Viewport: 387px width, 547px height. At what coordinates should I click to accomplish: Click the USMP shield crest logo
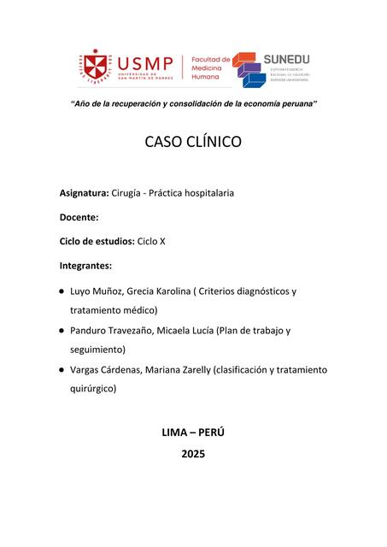[97, 67]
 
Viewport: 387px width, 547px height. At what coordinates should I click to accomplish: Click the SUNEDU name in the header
[286, 59]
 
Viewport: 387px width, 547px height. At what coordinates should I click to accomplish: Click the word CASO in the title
[167, 142]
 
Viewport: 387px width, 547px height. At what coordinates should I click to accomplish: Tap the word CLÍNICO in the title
[214, 142]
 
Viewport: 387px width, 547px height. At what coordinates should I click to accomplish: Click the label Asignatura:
[84, 193]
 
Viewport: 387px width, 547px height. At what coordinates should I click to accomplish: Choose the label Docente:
[79, 217]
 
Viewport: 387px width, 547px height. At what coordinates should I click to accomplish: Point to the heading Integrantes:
[85, 265]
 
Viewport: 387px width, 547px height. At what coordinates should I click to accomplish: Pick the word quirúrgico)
[93, 388]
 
